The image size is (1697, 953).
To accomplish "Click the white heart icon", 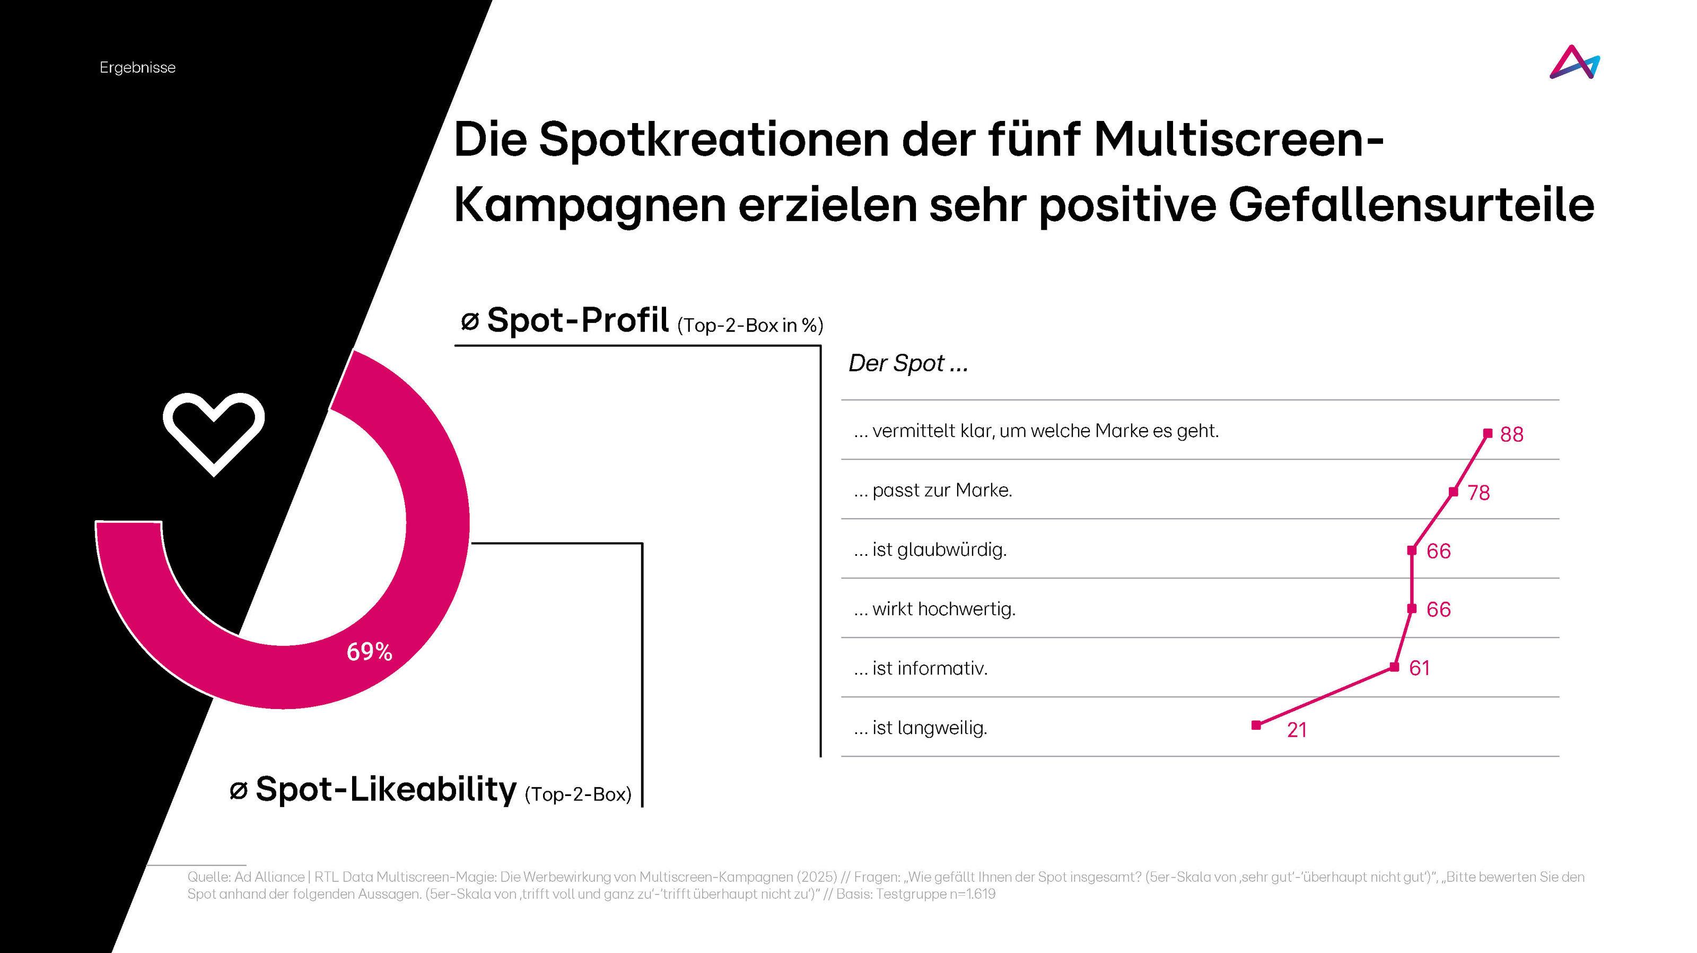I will point(213,431).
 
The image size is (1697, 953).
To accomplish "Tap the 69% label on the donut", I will point(370,651).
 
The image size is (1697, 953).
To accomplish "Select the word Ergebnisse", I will point(138,68).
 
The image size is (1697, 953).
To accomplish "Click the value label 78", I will point(1479,493).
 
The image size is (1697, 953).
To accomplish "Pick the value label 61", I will point(1420,669).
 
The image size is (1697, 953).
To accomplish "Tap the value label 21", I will point(1297,730).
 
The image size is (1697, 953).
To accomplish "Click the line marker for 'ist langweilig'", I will point(1256,725).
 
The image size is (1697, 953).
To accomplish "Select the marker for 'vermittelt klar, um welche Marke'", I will point(1488,433).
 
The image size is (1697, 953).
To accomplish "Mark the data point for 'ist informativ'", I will point(1394,667).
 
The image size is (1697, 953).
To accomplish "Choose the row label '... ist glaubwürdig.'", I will point(930,550).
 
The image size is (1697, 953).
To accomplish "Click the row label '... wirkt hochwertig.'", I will point(934,609).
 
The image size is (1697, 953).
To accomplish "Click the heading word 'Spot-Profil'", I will point(578,321).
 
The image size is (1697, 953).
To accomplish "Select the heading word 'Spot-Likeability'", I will point(386,789).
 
